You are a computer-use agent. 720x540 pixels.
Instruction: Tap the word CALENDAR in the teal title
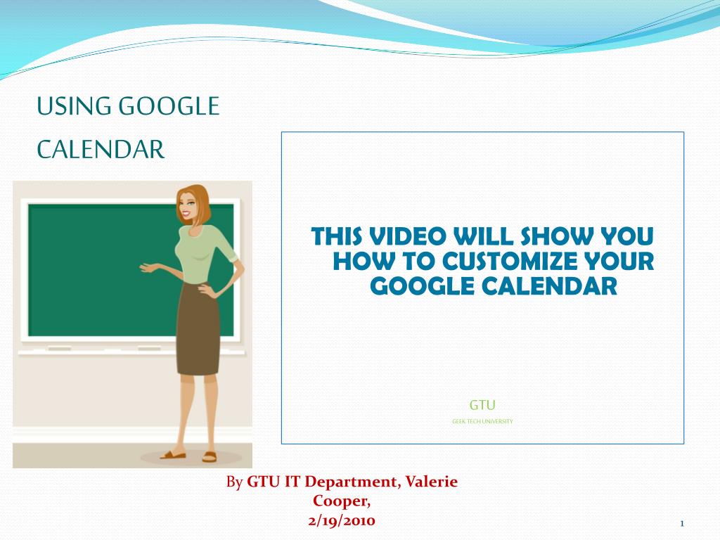(101, 150)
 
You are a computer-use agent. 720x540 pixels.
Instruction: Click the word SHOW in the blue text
(557, 236)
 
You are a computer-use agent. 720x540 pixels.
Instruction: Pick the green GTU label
(482, 405)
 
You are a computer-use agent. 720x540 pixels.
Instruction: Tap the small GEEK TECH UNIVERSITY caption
(482, 421)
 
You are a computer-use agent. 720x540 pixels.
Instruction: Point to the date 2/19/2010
(342, 521)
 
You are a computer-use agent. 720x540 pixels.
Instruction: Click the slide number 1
(682, 523)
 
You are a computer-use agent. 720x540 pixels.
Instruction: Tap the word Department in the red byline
(350, 482)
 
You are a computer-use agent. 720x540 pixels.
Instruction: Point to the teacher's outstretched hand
(148, 268)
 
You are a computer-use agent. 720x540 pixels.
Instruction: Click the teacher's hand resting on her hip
(206, 290)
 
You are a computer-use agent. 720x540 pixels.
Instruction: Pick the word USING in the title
(74, 106)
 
